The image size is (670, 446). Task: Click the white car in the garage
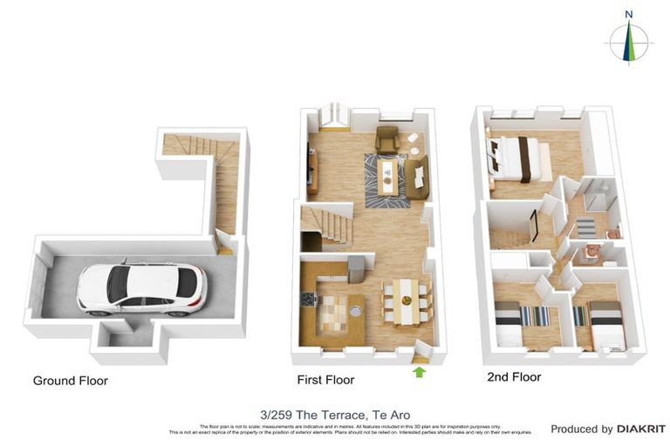[142, 288]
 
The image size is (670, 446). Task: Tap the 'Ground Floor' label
[70, 381]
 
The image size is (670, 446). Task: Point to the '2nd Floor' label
[514, 377]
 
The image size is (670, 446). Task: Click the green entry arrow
[420, 372]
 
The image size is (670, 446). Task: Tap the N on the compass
[628, 14]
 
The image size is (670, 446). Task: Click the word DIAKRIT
[641, 429]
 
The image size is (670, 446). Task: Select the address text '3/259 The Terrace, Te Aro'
[335, 415]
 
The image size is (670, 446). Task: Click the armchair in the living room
[386, 139]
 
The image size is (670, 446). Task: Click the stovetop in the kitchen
[309, 299]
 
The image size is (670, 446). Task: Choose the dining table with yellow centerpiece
[406, 301]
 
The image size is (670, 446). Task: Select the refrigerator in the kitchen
[356, 269]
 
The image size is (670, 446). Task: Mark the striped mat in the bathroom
[585, 226]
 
